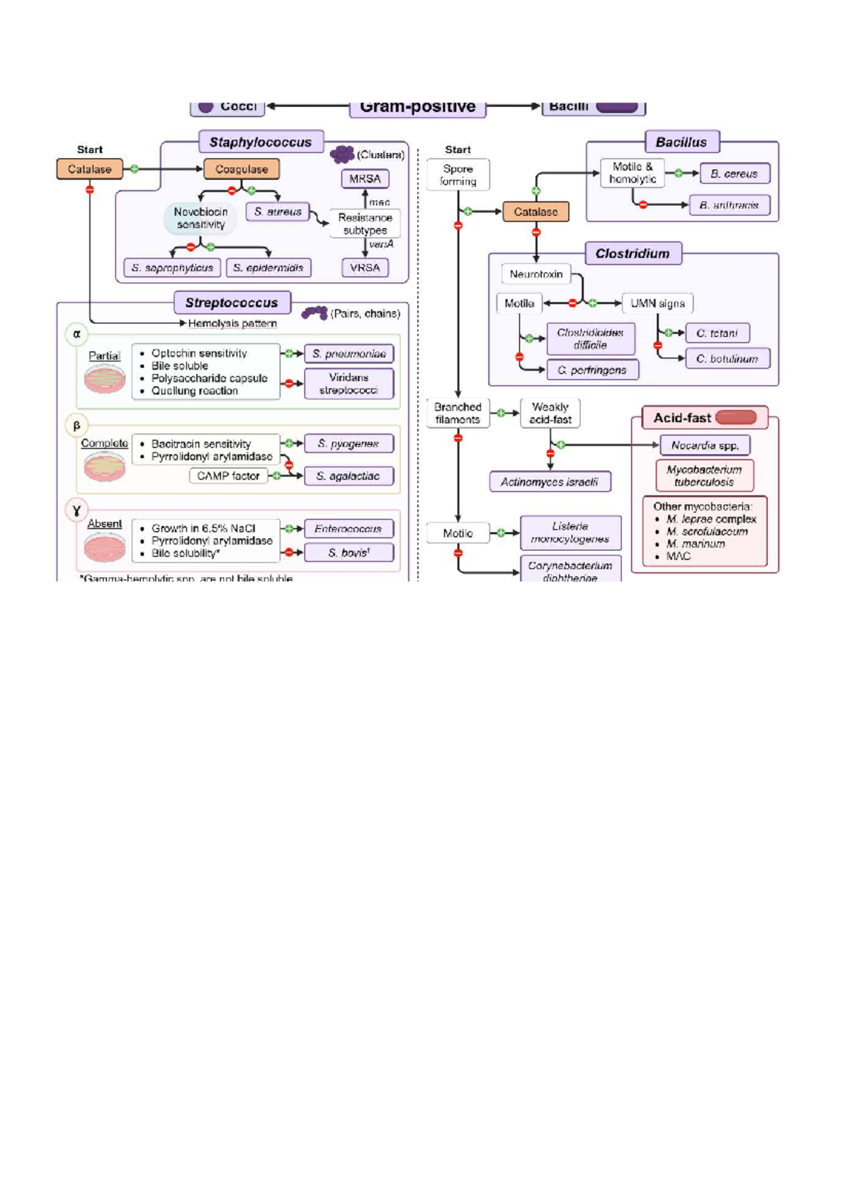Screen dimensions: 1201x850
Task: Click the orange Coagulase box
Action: pyautogui.click(x=242, y=169)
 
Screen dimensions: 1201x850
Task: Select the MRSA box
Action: pyautogui.click(x=365, y=179)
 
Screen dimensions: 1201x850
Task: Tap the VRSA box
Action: pyautogui.click(x=365, y=268)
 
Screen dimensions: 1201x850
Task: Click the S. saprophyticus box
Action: pyautogui.click(x=171, y=268)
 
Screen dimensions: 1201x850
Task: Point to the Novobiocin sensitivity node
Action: pyautogui.click(x=200, y=218)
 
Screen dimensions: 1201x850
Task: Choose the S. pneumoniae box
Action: pyautogui.click(x=348, y=353)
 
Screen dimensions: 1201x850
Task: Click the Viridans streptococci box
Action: pyautogui.click(x=348, y=384)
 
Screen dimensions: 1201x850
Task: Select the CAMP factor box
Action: pyautogui.click(x=228, y=476)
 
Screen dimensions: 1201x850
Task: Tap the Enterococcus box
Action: pyautogui.click(x=348, y=529)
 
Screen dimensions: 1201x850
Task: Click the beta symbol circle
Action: pyautogui.click(x=76, y=426)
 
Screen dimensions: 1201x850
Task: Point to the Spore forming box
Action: pyautogui.click(x=458, y=175)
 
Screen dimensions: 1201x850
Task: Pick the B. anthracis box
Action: pyautogui.click(x=729, y=205)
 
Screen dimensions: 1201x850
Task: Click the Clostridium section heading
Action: pyautogui.click(x=633, y=254)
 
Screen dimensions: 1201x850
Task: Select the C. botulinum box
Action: pyautogui.click(x=727, y=359)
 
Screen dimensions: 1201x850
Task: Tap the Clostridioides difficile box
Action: pyautogui.click(x=590, y=339)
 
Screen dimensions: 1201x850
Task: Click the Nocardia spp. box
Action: pyautogui.click(x=705, y=445)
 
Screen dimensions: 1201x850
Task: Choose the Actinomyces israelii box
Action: pyautogui.click(x=550, y=482)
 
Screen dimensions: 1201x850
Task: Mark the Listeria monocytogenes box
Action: pyautogui.click(x=570, y=533)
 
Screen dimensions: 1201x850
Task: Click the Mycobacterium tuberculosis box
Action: pyautogui.click(x=704, y=476)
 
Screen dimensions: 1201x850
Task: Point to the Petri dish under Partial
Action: pyautogui.click(x=105, y=379)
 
